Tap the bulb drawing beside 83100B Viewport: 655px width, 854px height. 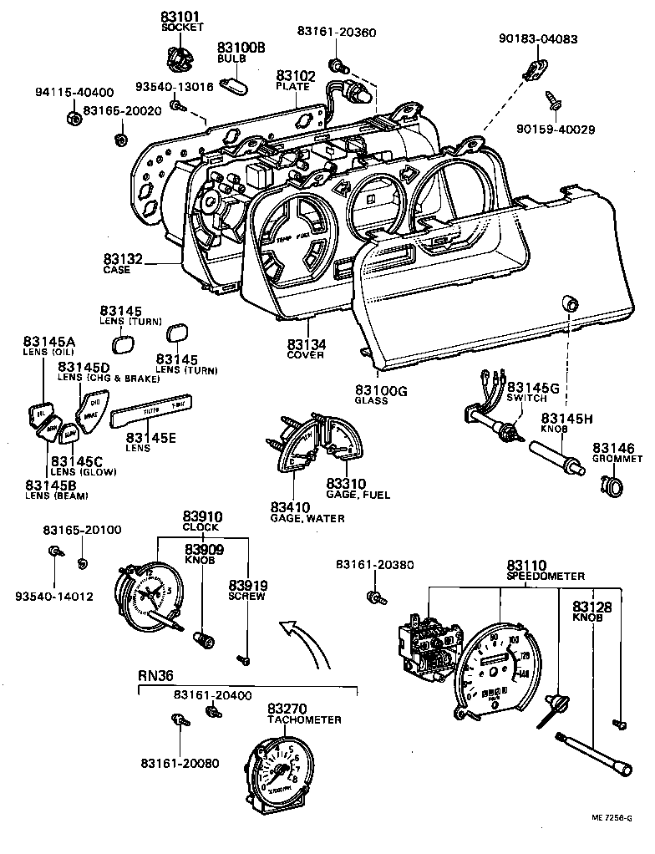coord(233,86)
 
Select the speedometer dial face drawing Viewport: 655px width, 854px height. coord(499,669)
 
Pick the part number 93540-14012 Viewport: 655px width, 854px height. coord(54,596)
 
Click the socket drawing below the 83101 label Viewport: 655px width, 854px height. coord(178,59)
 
